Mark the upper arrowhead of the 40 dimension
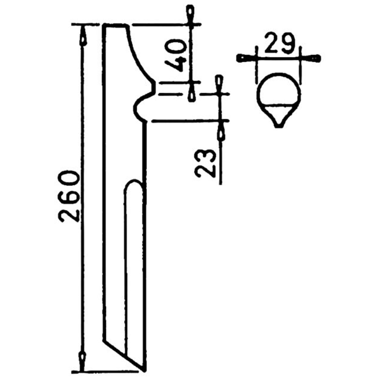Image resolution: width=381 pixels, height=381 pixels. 190,13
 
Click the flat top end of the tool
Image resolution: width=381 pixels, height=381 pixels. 116,25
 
